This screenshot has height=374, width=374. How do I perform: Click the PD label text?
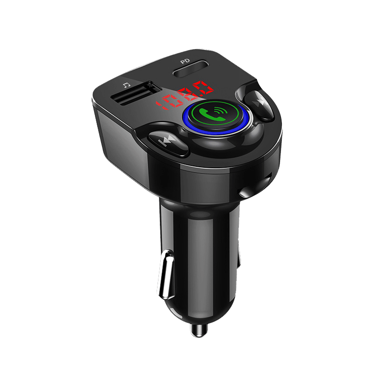[185, 61]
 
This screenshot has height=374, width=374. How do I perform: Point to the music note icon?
[126, 85]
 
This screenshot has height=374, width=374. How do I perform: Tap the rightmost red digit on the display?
[203, 87]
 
